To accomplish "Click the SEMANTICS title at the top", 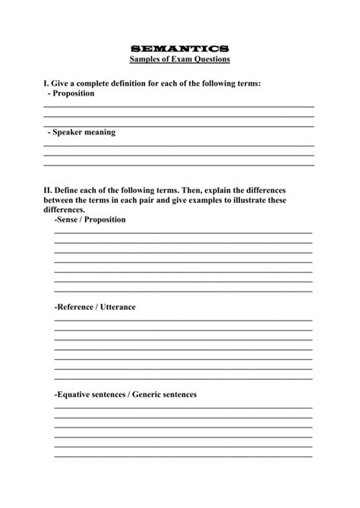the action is pos(179,48).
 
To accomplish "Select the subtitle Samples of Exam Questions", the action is pos(179,58).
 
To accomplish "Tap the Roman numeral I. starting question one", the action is pos(46,83).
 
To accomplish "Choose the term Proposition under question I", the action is pos(73,93).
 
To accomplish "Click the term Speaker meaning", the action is pos(84,131).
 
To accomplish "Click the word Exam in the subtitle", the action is pos(180,58).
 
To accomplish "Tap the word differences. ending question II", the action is pos(65,210).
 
